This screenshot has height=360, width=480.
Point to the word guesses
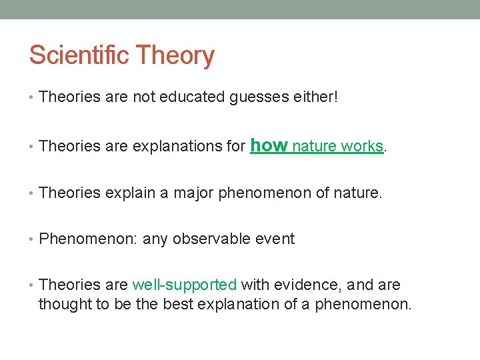coord(257,97)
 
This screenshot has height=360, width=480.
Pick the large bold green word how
coord(268,145)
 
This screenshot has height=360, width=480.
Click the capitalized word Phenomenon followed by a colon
coord(88,239)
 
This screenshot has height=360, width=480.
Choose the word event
coord(275,239)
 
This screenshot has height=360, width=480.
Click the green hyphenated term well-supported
coord(185,285)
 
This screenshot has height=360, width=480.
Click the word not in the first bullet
coord(144,97)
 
